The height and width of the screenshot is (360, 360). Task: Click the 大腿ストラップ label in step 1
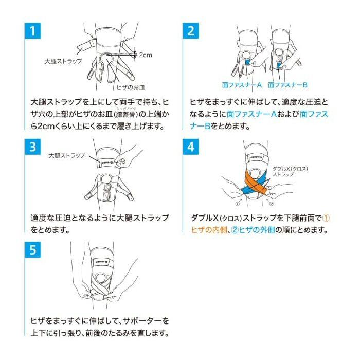coord(61,61)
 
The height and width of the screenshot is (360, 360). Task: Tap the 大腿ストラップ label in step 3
coord(67,155)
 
